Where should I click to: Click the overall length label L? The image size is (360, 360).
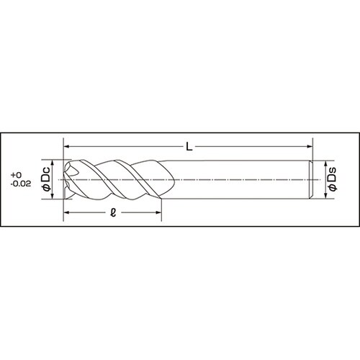tap(188, 147)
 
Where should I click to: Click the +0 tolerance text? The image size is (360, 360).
tap(19, 175)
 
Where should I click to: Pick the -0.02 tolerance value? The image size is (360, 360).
tap(21, 184)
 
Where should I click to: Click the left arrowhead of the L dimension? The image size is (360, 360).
tap(68, 148)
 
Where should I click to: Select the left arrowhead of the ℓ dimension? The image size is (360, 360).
tap(68, 213)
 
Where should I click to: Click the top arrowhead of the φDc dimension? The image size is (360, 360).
tap(55, 162)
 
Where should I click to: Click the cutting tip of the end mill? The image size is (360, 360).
tap(68, 179)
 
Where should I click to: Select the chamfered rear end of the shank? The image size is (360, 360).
tap(309, 179)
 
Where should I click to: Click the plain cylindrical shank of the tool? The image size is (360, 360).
tap(238, 179)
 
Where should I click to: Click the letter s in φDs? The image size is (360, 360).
tap(332, 170)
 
